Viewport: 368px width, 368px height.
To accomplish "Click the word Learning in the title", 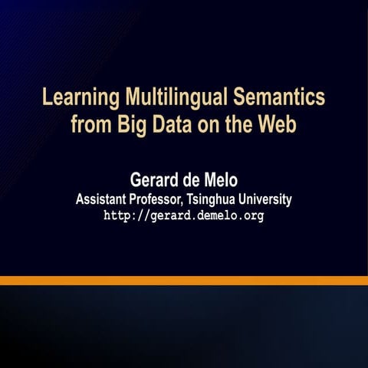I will click(79, 99).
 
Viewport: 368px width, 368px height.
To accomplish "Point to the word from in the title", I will click(88, 124).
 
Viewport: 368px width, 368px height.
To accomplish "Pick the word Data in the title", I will click(168, 124).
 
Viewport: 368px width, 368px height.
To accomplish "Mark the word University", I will click(268, 199).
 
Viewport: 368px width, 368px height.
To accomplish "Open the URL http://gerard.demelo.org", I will click(183, 216).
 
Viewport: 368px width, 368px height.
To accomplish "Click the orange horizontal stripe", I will click(184, 281).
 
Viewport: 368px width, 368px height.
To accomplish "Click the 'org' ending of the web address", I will click(254, 216).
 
